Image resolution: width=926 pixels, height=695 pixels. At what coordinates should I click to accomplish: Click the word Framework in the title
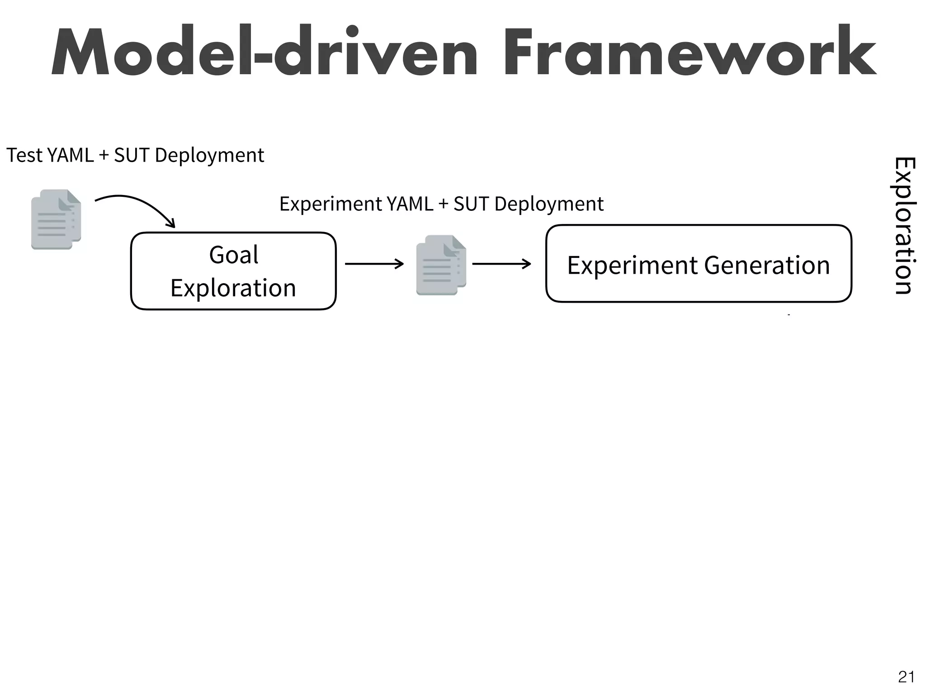click(689, 52)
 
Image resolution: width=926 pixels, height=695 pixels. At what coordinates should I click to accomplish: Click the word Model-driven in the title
click(264, 52)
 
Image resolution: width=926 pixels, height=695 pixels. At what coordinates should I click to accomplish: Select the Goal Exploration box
click(233, 271)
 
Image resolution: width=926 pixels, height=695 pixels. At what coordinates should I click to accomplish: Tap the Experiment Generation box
click(699, 264)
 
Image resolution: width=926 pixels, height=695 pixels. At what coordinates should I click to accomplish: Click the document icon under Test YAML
click(56, 219)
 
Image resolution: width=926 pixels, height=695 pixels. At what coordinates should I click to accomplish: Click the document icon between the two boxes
click(441, 265)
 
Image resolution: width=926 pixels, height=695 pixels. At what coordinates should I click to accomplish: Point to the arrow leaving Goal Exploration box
click(374, 264)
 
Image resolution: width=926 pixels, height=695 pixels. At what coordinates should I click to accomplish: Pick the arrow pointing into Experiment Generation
click(501, 264)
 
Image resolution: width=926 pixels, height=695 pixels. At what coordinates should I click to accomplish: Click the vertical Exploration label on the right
click(905, 225)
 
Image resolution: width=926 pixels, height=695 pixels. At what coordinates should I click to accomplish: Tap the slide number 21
click(906, 677)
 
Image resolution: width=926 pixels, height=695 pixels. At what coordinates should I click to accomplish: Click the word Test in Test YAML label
click(24, 155)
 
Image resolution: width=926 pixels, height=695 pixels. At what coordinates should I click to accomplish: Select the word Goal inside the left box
click(233, 254)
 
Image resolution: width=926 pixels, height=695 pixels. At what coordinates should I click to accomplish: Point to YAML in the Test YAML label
click(70, 155)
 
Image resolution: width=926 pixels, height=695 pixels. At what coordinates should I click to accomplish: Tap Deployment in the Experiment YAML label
click(549, 204)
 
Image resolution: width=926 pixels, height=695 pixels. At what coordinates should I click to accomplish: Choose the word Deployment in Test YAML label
click(209, 155)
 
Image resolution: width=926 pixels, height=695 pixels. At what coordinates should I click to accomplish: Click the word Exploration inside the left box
click(233, 288)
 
